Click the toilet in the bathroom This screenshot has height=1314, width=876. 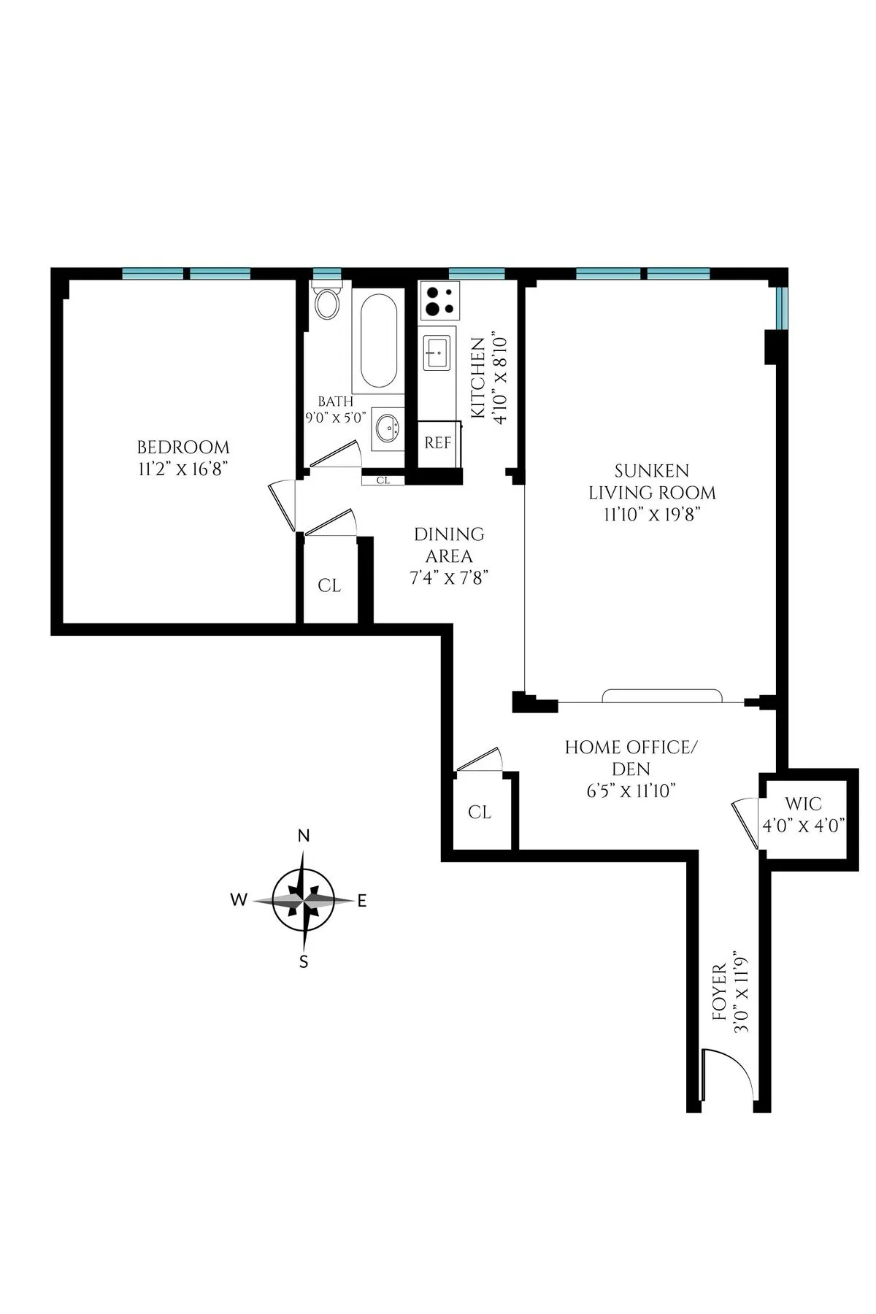point(327,304)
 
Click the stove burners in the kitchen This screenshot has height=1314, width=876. point(439,302)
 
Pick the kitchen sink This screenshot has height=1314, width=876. point(437,353)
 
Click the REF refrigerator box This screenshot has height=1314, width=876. point(438,443)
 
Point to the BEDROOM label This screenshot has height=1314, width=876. point(183,447)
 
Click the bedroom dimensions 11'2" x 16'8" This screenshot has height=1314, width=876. point(183,469)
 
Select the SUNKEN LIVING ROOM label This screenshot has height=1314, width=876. point(652,482)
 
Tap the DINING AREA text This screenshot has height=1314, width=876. point(449,545)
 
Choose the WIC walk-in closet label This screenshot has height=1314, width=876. point(803,804)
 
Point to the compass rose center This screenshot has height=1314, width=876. point(304,901)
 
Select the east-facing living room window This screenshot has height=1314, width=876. point(782,308)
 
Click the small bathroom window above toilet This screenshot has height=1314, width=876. point(327,274)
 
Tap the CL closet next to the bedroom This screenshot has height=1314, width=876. point(329,586)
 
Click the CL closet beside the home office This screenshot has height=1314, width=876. point(480,812)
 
